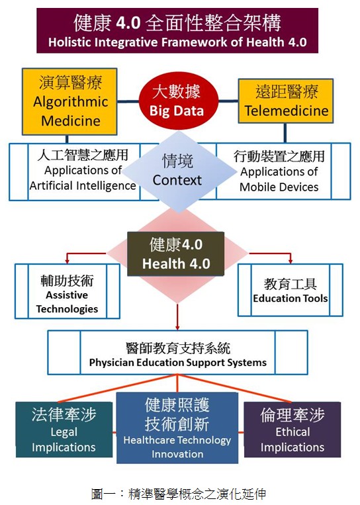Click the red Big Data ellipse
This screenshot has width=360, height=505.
click(x=179, y=101)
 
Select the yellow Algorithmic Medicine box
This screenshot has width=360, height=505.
click(x=69, y=101)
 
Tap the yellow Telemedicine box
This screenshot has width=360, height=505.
click(x=286, y=101)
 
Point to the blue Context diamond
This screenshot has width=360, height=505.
click(x=179, y=171)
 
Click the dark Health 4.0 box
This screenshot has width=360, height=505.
click(x=176, y=253)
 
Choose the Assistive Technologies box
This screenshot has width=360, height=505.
click(x=67, y=291)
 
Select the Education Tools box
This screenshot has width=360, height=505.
click(x=291, y=290)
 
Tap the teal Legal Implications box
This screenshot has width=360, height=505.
click(x=64, y=430)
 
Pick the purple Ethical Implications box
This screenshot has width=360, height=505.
click(x=292, y=430)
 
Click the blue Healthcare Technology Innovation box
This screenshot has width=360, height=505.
click(x=177, y=428)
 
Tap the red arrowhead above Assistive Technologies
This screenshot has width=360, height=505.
click(x=67, y=260)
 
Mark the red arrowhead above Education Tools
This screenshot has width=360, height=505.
click(x=291, y=260)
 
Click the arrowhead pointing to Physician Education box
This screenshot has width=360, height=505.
click(x=177, y=326)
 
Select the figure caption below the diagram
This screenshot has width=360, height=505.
click(x=179, y=494)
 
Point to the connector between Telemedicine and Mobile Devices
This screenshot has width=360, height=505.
click(x=285, y=133)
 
